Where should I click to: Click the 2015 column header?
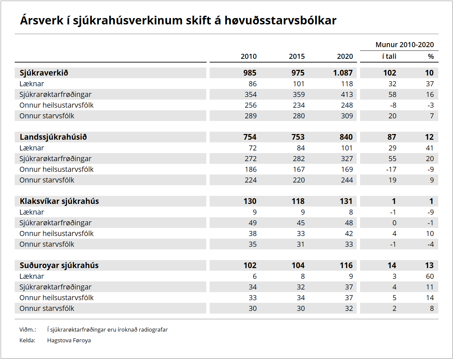pos(297,56)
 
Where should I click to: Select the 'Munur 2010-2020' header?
pos(405,45)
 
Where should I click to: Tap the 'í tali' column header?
pos(389,56)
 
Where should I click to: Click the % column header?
pos(431,56)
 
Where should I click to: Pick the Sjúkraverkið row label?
pos(44,73)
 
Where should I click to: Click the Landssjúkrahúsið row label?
pos(53,137)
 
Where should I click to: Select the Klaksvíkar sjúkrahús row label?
pos(59,201)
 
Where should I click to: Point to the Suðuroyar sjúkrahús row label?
pos(59,265)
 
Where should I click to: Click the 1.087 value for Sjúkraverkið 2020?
pos(343,73)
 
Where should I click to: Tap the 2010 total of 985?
pos(250,73)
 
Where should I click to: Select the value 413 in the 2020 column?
pos(347,95)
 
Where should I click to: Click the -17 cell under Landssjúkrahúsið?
pos(391,169)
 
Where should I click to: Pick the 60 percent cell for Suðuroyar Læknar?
pos(430,276)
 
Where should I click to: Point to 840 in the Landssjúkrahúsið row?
pos(346,137)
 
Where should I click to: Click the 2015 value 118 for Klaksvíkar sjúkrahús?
pos(298,201)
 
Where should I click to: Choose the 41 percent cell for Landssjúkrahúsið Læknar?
pos(430,148)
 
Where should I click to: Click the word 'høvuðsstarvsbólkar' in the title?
pos(280,20)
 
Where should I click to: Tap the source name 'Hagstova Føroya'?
pos(69,340)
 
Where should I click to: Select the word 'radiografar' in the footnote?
pos(153,330)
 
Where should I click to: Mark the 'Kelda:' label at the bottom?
pos(27,340)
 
